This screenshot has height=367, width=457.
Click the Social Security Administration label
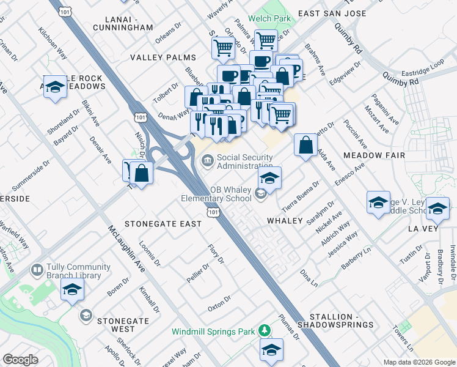tap(244, 161)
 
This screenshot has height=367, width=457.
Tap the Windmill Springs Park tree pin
tap(265, 331)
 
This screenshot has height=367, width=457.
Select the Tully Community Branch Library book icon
tap(37, 270)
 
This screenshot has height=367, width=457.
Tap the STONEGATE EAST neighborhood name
tap(163, 224)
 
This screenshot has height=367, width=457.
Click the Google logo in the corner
tap(20, 360)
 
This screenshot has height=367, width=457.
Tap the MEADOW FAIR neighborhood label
tap(375, 155)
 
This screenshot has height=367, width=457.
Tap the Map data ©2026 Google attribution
tap(419, 362)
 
